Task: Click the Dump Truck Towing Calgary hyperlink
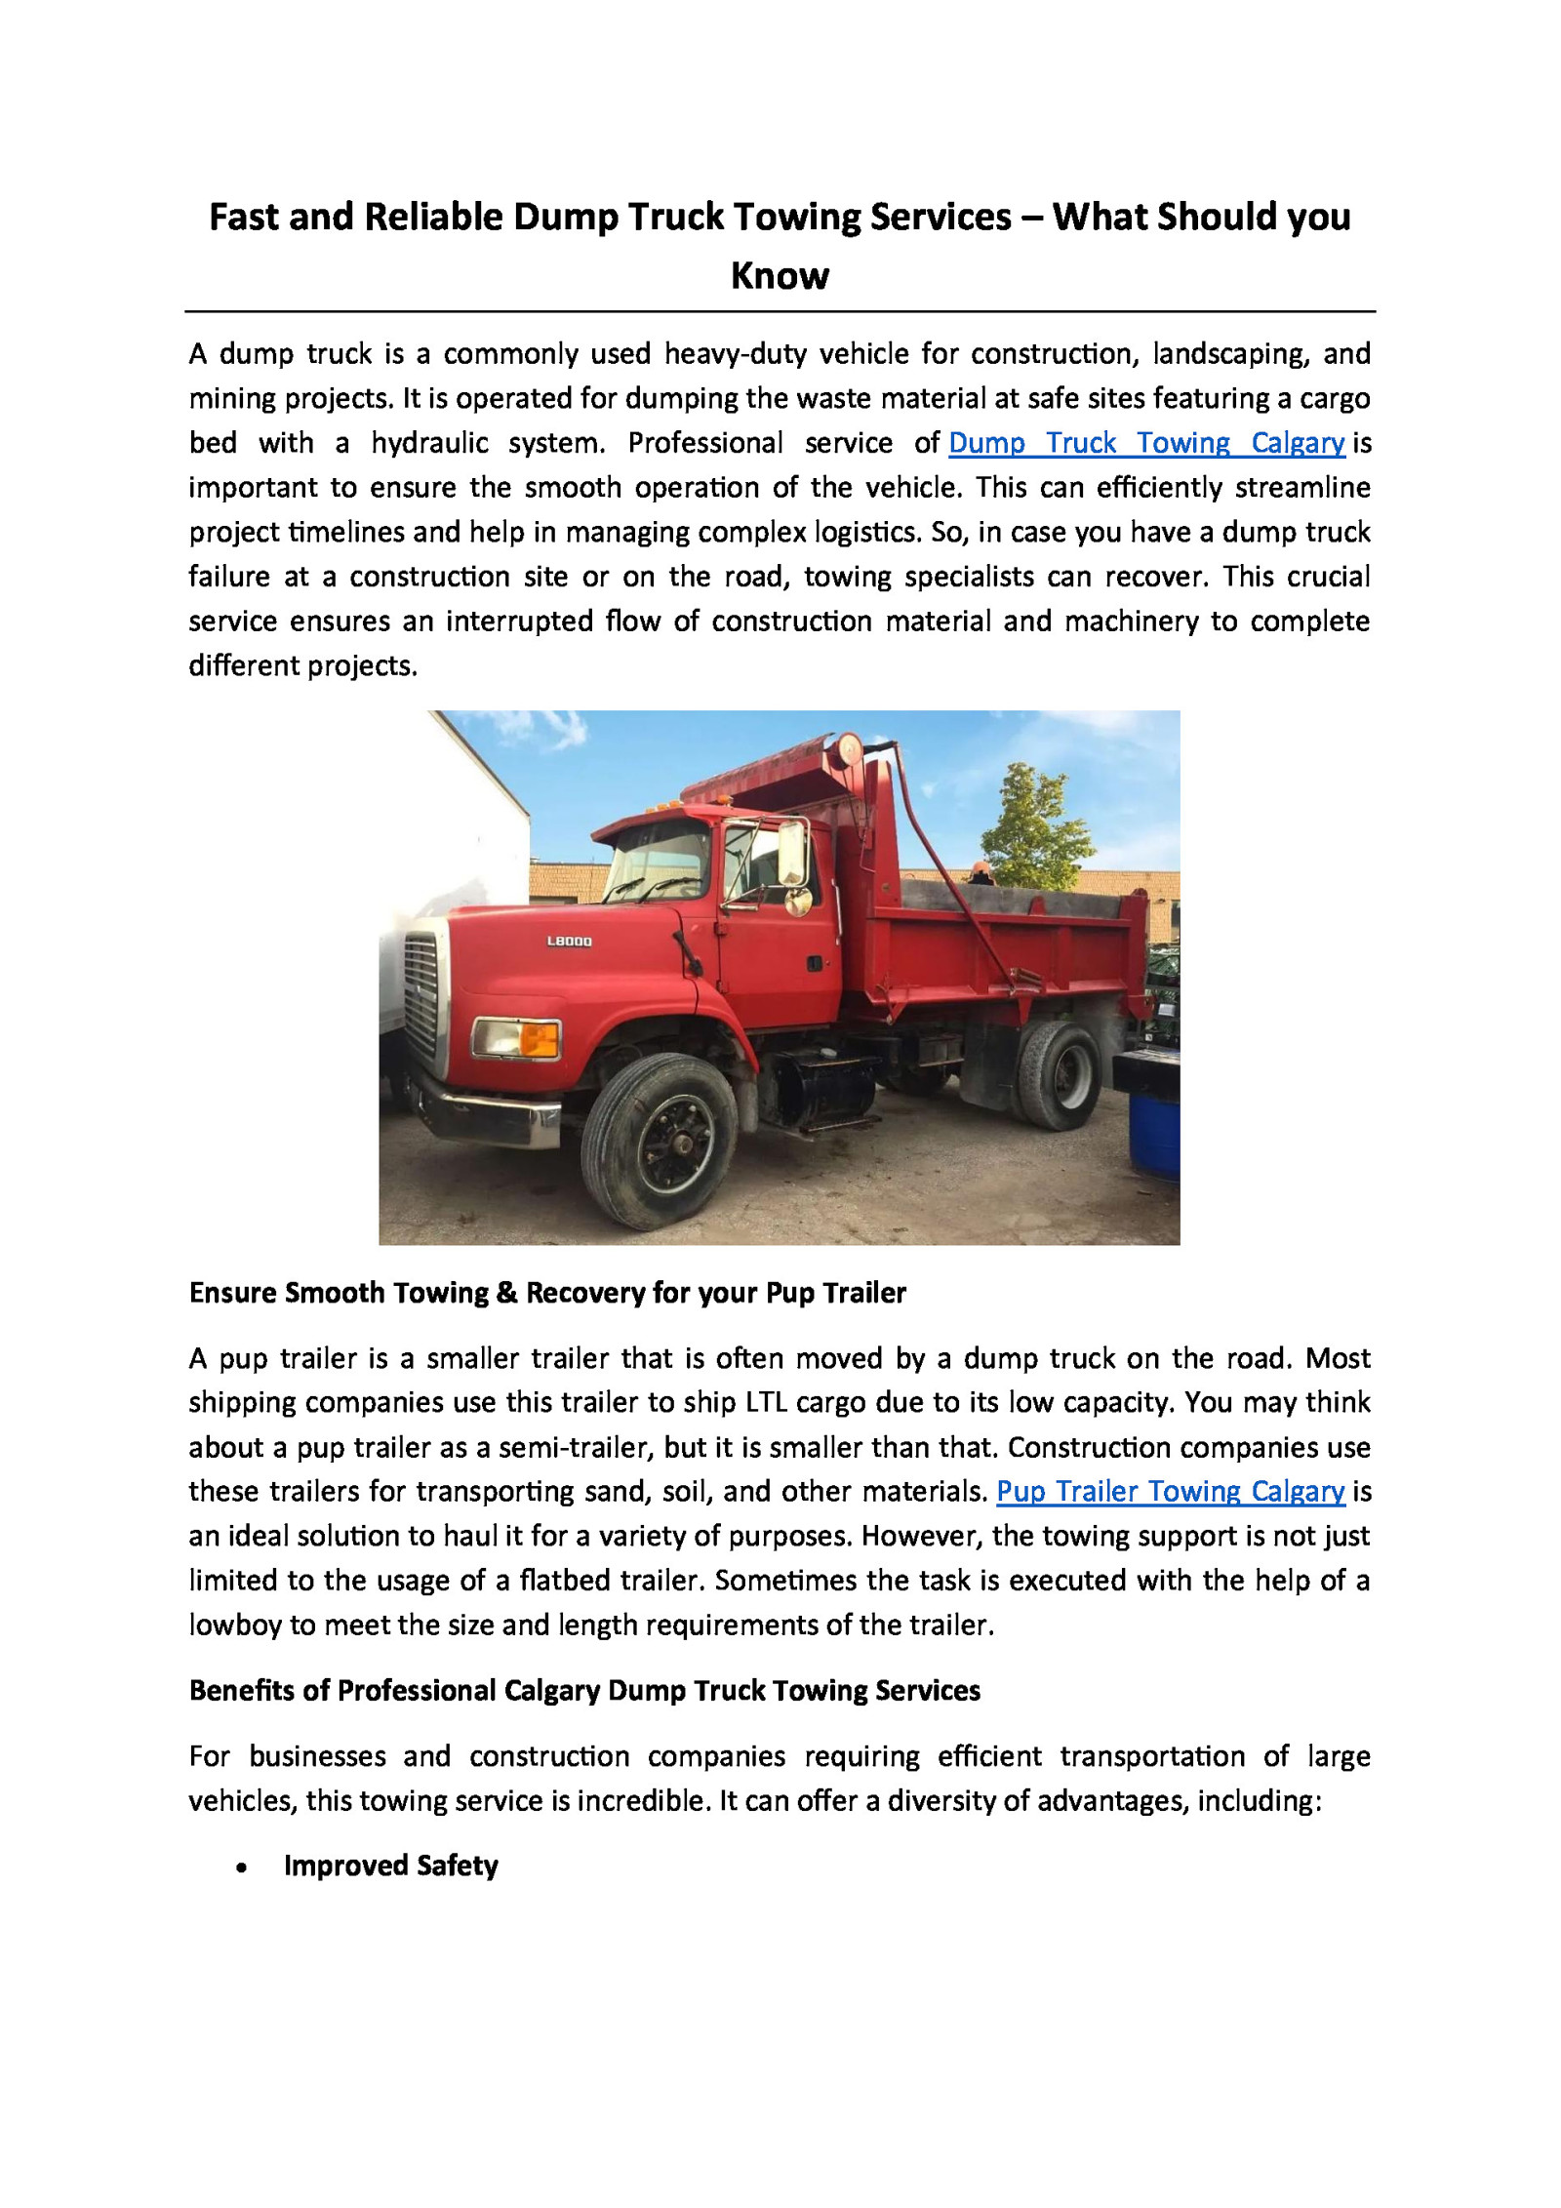click(1145, 443)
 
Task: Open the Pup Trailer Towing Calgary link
click(1170, 1491)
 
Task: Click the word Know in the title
click(780, 276)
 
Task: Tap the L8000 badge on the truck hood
click(569, 942)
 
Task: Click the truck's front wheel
click(660, 1141)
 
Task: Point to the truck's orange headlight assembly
click(516, 1038)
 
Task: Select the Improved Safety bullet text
click(390, 1866)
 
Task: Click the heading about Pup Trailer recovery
click(547, 1293)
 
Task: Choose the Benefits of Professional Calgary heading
click(584, 1690)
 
